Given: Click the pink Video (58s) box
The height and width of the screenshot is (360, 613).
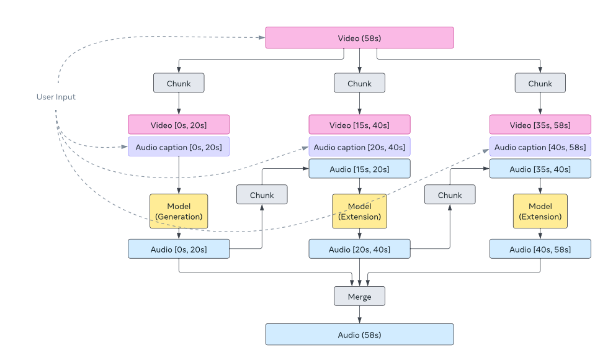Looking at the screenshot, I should (359, 38).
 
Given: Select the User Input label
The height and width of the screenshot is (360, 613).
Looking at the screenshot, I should (56, 97).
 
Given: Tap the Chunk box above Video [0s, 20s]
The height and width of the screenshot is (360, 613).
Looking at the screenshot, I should (179, 83).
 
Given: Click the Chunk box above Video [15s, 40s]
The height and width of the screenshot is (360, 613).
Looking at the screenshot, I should (359, 83).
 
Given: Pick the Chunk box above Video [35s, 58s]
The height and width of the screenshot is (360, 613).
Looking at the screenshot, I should (540, 83).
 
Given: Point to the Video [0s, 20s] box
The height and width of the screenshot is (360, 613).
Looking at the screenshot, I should (179, 125).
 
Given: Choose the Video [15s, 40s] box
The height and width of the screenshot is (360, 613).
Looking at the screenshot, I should (359, 125).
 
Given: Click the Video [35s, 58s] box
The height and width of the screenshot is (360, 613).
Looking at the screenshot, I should (540, 125).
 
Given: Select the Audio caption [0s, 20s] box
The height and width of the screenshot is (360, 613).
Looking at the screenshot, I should (179, 147).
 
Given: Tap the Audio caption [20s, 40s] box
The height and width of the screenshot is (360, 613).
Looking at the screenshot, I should (359, 147).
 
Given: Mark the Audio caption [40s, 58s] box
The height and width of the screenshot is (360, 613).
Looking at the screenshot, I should (540, 147).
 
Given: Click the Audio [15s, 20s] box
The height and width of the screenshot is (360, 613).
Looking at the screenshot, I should (359, 169).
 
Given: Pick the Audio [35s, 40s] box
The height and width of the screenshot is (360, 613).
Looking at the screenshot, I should (540, 169).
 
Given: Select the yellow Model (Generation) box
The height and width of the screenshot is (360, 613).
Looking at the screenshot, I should (179, 211).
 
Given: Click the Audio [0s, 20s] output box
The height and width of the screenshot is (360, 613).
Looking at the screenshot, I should (179, 249).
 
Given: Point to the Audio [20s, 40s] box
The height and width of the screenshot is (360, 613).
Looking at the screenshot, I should (359, 249).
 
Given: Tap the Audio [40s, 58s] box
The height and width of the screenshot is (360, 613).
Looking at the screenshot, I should (540, 249).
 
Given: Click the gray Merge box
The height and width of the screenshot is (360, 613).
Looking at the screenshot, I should (359, 296).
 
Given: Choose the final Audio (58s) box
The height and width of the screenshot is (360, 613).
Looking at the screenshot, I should (359, 335).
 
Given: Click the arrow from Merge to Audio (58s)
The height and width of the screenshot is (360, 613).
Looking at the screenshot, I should (359, 314).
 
